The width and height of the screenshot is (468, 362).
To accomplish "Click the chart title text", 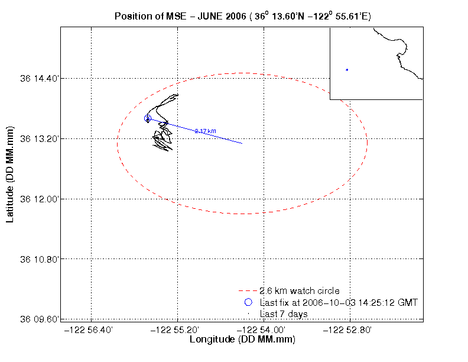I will pyautogui.click(x=242, y=16).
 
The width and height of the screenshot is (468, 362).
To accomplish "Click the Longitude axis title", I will pyautogui.click(x=242, y=340).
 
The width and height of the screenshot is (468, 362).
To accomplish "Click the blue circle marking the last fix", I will pyautogui.click(x=148, y=118).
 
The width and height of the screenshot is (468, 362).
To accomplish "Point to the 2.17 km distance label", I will pyautogui.click(x=205, y=131).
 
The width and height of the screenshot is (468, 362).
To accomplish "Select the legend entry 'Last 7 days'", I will pyautogui.click(x=284, y=313).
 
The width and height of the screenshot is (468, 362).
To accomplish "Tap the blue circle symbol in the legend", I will pyautogui.click(x=248, y=302).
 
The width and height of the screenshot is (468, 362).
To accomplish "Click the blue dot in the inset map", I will pyautogui.click(x=347, y=70).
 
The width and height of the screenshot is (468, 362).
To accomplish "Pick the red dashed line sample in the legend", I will pyautogui.click(x=248, y=291).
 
